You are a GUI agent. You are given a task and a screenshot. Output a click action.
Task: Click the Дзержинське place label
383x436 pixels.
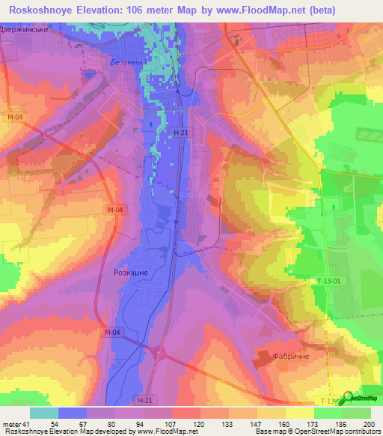(x=25, y=29)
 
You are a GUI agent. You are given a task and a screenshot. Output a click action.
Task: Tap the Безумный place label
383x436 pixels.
(x=125, y=63)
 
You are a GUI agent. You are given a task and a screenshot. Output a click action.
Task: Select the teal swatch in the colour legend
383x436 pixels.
(x=43, y=413)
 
